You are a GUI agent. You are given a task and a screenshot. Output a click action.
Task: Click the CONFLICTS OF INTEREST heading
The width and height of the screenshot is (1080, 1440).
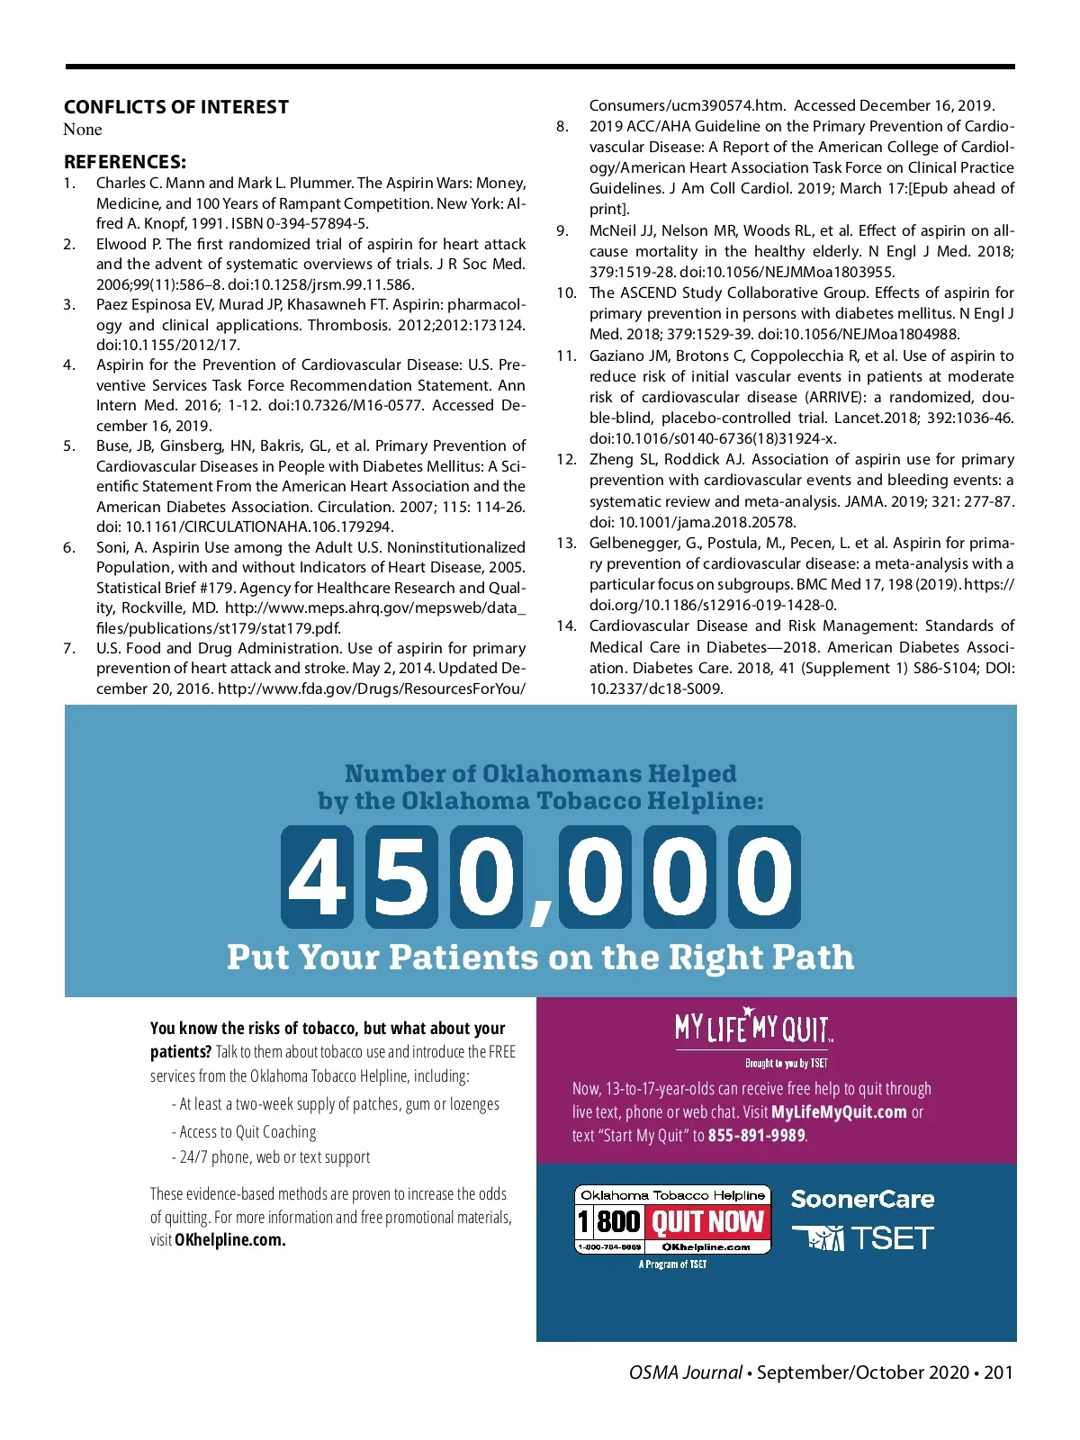(x=176, y=107)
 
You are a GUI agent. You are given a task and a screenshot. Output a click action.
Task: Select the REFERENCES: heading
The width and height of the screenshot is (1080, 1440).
(x=125, y=162)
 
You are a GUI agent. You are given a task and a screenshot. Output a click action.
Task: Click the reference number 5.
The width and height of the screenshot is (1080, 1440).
(x=69, y=446)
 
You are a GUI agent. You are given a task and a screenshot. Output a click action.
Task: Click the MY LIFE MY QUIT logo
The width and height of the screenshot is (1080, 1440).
(x=754, y=1028)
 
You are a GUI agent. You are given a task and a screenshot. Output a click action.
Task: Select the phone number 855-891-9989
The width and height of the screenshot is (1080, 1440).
(x=756, y=1136)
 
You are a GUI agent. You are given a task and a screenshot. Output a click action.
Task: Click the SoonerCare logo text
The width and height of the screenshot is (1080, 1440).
(x=862, y=1200)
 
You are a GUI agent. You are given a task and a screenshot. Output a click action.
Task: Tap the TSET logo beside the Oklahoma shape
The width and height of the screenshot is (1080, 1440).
(x=891, y=1239)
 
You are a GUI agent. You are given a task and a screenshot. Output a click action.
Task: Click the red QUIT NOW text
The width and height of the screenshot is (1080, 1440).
(x=707, y=1222)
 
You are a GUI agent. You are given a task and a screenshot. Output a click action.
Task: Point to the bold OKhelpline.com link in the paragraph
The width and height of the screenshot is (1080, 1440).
(x=230, y=1240)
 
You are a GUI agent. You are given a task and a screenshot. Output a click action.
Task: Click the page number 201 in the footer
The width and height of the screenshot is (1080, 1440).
(x=998, y=1372)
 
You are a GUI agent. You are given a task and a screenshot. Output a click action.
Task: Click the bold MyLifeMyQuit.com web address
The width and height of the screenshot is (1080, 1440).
(x=839, y=1112)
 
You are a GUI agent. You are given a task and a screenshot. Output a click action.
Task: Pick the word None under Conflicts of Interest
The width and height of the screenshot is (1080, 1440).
(x=83, y=130)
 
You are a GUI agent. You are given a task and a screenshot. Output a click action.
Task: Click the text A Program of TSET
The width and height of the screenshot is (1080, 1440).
(x=672, y=1264)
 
